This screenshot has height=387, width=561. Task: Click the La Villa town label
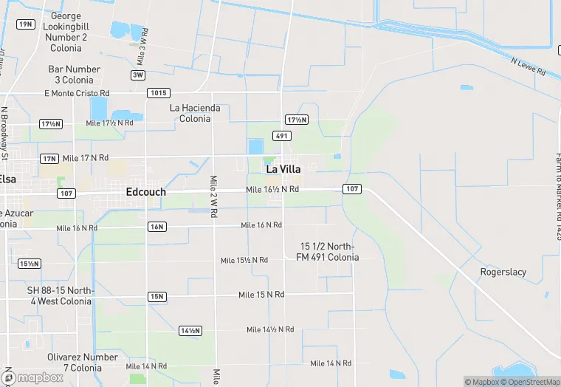[283, 169]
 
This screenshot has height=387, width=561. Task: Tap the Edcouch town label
[145, 192]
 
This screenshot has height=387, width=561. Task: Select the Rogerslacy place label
[503, 272]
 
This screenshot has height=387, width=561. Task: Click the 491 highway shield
[281, 136]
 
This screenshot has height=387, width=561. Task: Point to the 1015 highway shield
[158, 93]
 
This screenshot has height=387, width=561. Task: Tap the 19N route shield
[26, 24]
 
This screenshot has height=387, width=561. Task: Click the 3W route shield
[138, 75]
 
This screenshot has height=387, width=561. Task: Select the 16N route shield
[156, 227]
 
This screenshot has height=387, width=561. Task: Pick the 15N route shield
[156, 297]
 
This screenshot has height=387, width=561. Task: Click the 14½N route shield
[190, 330]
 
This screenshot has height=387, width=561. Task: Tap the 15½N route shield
[30, 264]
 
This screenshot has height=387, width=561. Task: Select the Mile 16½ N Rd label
[272, 190]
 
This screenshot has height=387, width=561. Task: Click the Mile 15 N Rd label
[261, 295]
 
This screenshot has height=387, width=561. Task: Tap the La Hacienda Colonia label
[195, 113]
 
